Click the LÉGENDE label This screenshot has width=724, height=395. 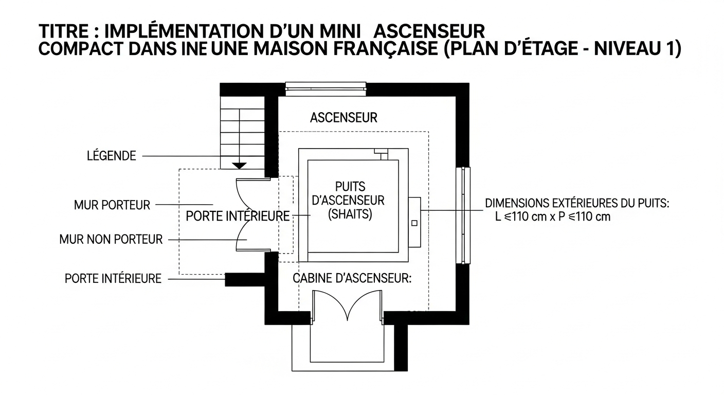pyautogui.click(x=112, y=156)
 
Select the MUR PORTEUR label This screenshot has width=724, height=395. pyautogui.click(x=112, y=205)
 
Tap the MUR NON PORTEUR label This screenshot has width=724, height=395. pyautogui.click(x=111, y=240)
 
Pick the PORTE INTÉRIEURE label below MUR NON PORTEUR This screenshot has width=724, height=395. pyautogui.click(x=113, y=279)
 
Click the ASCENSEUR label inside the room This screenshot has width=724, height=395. pyautogui.click(x=343, y=118)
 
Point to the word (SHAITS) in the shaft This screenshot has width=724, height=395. pyautogui.click(x=350, y=214)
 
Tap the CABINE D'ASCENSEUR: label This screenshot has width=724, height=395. pyautogui.click(x=352, y=278)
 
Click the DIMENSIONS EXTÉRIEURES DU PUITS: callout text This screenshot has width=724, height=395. pyautogui.click(x=577, y=203)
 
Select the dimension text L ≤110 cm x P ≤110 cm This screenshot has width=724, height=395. pyautogui.click(x=553, y=217)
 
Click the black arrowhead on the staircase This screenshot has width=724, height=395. pyautogui.click(x=240, y=166)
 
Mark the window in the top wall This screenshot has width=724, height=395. pyautogui.click(x=326, y=89)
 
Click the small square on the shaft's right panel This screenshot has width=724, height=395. pyautogui.click(x=414, y=223)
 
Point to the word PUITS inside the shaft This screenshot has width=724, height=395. pyautogui.click(x=350, y=187)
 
